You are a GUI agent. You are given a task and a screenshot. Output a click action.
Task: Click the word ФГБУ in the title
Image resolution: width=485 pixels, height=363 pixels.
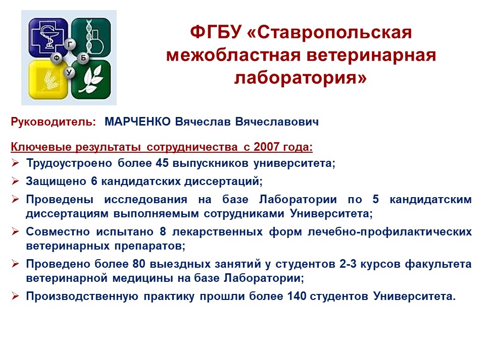216,32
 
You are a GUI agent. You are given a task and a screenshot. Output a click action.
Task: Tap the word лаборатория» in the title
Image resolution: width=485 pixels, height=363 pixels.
300,78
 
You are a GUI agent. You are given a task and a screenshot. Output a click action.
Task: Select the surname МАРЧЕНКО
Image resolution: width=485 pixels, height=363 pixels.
137,122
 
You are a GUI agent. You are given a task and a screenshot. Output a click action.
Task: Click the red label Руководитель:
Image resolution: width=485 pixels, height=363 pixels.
53,122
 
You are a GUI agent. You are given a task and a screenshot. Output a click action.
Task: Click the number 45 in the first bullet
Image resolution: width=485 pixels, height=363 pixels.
162,163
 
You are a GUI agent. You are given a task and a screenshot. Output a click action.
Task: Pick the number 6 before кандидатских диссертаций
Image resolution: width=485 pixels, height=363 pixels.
94,181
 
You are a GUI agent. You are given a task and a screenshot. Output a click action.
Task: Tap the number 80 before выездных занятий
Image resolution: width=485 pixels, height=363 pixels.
139,264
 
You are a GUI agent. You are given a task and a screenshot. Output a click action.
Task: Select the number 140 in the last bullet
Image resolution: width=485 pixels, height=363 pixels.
297,296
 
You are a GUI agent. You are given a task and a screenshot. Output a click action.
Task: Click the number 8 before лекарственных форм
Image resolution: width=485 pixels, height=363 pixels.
163,231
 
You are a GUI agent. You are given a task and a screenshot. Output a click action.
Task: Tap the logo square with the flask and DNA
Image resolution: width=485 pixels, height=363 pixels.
91,37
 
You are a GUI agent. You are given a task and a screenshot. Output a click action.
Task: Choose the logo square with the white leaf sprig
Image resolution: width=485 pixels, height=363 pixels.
91,80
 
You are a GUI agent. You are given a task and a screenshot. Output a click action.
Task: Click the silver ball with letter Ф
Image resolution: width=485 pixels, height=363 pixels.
57,57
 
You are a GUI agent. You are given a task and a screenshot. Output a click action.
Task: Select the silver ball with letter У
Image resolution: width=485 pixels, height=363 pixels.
69,73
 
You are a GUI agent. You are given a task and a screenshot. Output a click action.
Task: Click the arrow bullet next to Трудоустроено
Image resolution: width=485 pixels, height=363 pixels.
15,163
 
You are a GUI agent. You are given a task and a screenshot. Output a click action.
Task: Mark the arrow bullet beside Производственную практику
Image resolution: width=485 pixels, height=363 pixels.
15,296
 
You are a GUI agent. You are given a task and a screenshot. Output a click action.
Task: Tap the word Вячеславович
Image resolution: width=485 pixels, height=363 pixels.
277,122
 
